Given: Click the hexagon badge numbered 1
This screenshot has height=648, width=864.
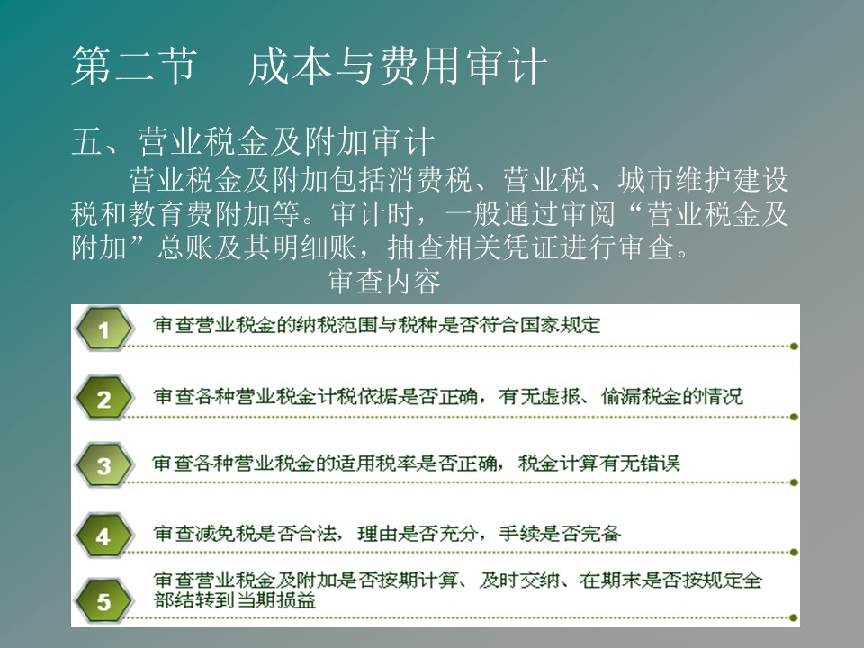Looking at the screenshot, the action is click(104, 329).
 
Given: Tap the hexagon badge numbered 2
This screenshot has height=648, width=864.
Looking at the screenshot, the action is click(104, 398).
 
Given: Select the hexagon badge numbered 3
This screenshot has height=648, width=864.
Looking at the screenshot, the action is click(104, 465).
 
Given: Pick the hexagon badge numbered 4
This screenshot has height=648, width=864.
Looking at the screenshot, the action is click(104, 535).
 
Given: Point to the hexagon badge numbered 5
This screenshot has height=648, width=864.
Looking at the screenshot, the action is click(104, 600).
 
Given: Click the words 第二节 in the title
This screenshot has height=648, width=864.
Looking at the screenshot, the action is click(134, 66).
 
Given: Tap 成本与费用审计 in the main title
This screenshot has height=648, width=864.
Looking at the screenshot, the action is click(398, 66).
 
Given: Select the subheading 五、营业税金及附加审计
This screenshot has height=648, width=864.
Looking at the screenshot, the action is click(253, 141).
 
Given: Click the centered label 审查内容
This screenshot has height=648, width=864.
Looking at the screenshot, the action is click(384, 281).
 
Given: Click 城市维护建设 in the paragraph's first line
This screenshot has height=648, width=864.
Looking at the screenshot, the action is click(703, 180).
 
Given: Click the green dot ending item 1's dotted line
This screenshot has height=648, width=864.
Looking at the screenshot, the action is click(794, 346).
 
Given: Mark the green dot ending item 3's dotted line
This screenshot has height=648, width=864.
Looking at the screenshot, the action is click(794, 482).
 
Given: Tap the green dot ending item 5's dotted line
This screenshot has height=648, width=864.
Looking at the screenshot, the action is click(794, 617).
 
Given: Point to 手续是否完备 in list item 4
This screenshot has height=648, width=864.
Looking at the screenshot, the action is click(560, 534).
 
